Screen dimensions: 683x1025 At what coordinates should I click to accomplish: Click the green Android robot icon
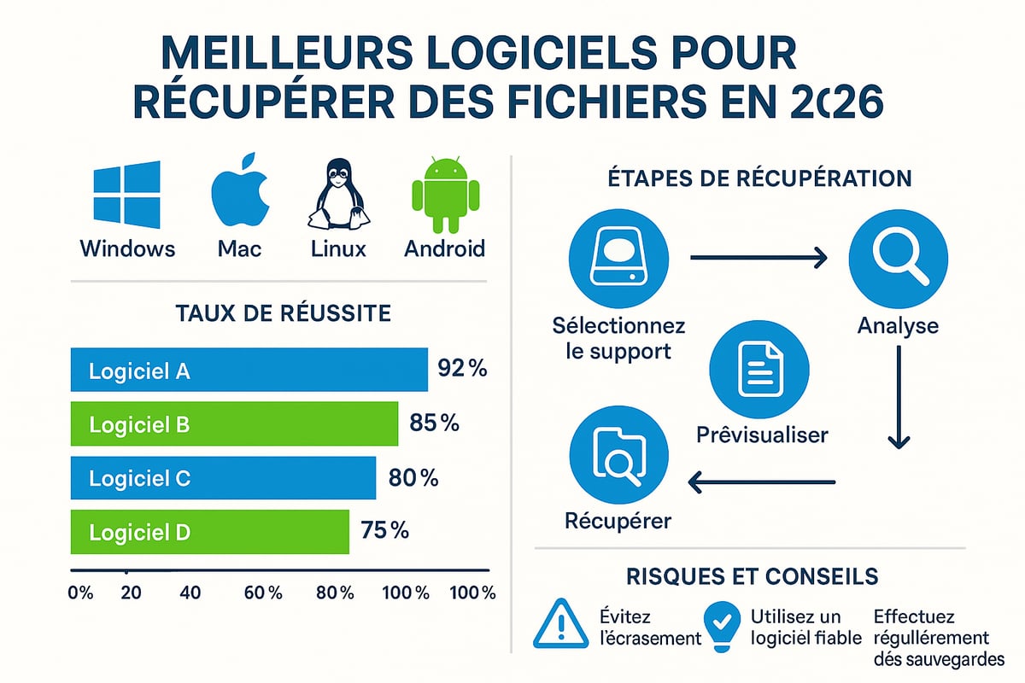[x=442, y=195]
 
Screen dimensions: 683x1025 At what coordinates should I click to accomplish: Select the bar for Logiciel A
[x=249, y=371]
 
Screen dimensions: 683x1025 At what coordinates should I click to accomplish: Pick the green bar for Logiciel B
[x=234, y=424]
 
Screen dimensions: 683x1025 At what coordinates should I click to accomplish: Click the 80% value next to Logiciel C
[x=413, y=478]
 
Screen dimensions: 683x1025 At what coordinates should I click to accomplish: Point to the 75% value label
[x=384, y=531]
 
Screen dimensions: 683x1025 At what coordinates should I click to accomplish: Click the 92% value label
[x=461, y=370]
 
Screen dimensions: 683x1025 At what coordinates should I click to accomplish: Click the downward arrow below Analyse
[x=898, y=401]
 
